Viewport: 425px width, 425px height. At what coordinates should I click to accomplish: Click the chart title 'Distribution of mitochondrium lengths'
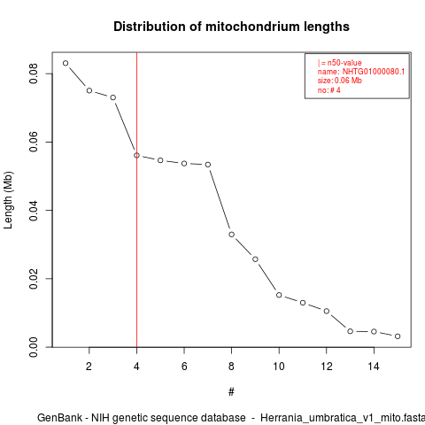click(x=231, y=27)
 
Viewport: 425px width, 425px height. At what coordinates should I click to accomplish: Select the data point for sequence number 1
click(x=66, y=63)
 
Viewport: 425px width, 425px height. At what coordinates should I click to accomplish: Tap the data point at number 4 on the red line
click(x=136, y=155)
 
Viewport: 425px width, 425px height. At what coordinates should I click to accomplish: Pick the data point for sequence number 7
click(x=208, y=165)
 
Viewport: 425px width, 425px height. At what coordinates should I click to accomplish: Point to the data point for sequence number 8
click(x=232, y=235)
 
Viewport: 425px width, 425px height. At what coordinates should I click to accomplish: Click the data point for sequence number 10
click(x=279, y=295)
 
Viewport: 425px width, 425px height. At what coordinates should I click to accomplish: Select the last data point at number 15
click(x=398, y=336)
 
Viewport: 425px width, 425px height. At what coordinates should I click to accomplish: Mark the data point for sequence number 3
click(x=113, y=97)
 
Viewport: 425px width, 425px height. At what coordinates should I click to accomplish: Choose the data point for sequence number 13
click(x=350, y=331)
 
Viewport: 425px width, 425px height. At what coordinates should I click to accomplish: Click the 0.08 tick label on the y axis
click(x=34, y=73)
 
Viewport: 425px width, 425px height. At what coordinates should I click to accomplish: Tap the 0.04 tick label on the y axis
click(x=34, y=211)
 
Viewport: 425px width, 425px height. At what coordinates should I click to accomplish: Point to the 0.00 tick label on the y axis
click(x=34, y=347)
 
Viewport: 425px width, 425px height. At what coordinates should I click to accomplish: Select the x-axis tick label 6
click(x=184, y=367)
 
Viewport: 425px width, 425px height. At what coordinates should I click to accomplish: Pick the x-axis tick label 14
click(x=374, y=367)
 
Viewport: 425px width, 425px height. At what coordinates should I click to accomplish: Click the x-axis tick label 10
click(x=279, y=367)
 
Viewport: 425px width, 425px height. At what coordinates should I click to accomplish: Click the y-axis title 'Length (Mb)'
click(x=8, y=200)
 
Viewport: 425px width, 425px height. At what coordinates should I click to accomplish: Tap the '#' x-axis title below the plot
click(x=231, y=392)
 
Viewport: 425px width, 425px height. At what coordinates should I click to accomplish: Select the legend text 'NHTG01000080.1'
click(x=374, y=72)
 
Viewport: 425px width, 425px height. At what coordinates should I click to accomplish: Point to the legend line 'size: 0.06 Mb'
click(x=340, y=81)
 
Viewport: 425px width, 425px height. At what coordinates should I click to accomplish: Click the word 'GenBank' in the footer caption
click(x=59, y=418)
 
